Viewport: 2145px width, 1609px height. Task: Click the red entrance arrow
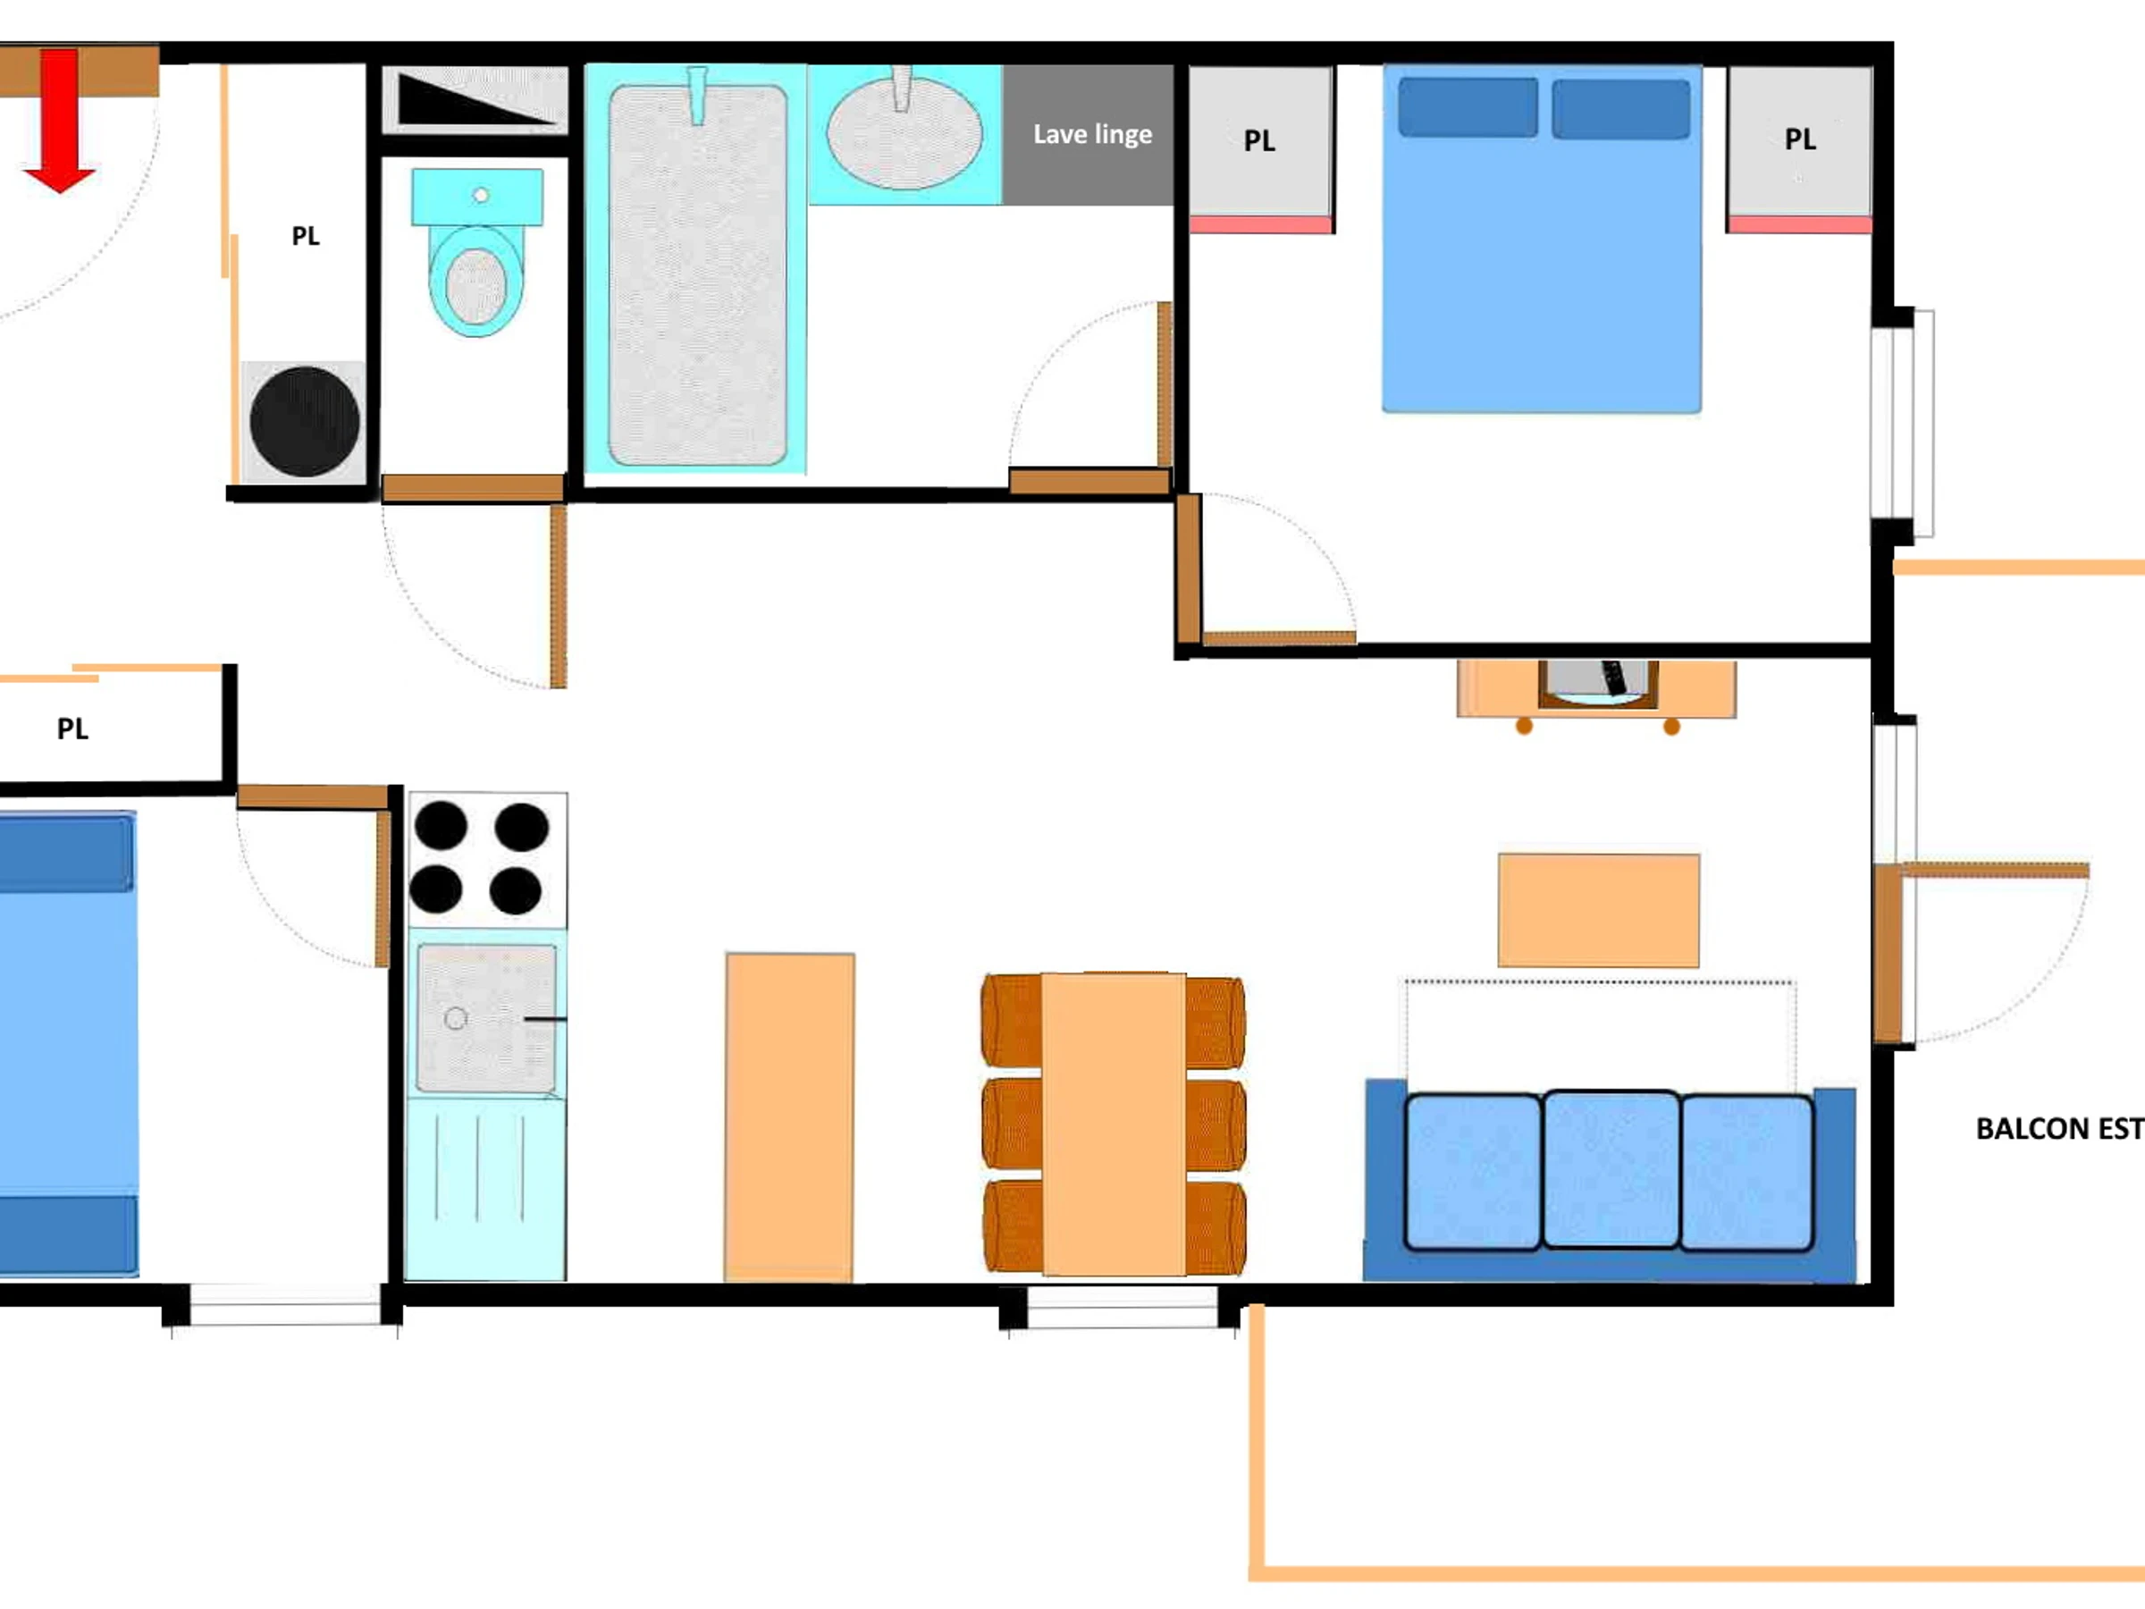(59, 121)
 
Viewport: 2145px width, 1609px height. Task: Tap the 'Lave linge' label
(1092, 134)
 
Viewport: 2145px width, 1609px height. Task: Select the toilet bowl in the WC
(476, 281)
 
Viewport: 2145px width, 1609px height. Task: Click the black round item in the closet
(305, 421)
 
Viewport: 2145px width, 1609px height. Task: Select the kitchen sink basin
(487, 1018)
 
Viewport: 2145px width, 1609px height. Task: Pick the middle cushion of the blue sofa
(1611, 1168)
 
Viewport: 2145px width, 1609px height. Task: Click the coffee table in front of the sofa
(1598, 910)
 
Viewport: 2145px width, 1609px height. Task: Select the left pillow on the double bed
(1468, 106)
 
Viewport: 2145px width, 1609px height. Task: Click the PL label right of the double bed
(1800, 139)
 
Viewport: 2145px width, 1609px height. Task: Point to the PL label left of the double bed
(1258, 141)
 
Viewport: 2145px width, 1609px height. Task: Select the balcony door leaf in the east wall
(1887, 954)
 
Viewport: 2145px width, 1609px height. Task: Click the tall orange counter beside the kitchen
(789, 1117)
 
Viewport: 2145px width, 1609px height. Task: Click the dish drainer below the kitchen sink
(484, 1188)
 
